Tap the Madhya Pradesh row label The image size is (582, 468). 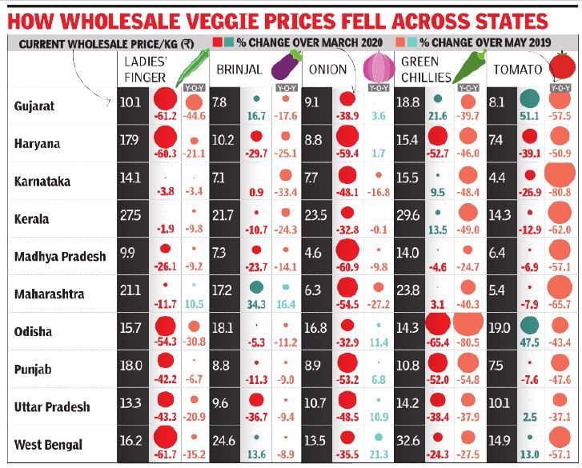pos(60,256)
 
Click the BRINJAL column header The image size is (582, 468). pos(239,70)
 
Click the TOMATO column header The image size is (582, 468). pos(517,70)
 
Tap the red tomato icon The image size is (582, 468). pos(564,65)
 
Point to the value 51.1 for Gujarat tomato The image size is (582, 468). pos(528,117)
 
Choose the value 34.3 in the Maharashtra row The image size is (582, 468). pos(257,305)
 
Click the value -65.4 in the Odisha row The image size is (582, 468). pos(437,342)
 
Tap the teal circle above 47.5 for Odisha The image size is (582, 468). pos(528,326)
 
